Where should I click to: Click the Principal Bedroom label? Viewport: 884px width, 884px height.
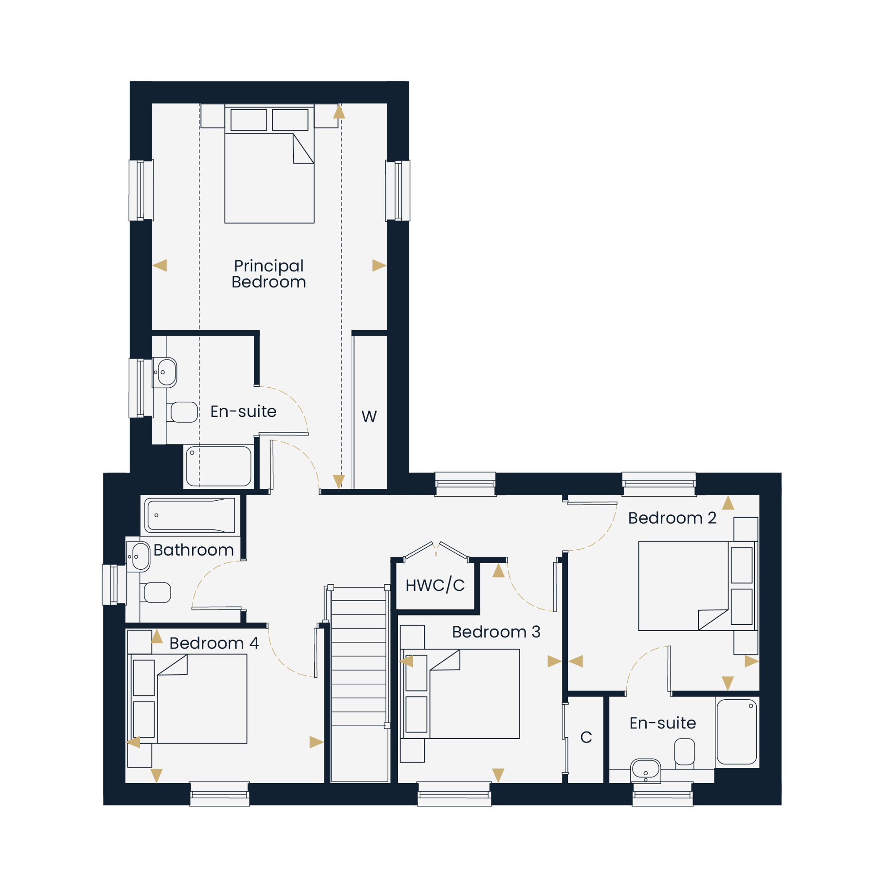tap(269, 274)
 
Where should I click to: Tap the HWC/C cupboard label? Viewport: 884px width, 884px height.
tap(434, 585)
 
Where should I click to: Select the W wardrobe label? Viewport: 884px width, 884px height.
tap(369, 416)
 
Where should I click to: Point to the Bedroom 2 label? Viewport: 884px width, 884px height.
tap(672, 518)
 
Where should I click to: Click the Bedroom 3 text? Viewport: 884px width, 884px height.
tap(496, 632)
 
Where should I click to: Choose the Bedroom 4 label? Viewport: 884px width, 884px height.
tap(214, 643)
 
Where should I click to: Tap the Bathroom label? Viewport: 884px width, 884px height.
tap(194, 549)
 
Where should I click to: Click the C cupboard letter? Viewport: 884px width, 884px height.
tap(586, 737)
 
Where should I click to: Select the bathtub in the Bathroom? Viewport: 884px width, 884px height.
tap(190, 515)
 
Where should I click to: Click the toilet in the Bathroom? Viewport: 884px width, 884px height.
tap(156, 593)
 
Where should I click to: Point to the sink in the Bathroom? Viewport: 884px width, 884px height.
tap(138, 556)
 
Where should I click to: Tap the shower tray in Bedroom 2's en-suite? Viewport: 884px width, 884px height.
tap(737, 732)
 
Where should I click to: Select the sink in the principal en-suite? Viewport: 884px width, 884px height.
tap(165, 373)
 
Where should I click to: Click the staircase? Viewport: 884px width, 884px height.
tap(359, 684)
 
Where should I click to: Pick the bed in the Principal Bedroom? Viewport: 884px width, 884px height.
tap(270, 164)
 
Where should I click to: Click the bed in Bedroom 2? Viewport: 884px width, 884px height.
tap(697, 586)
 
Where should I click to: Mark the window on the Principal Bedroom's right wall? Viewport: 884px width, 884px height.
tap(398, 191)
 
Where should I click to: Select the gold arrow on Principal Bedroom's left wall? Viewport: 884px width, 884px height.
tap(160, 265)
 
